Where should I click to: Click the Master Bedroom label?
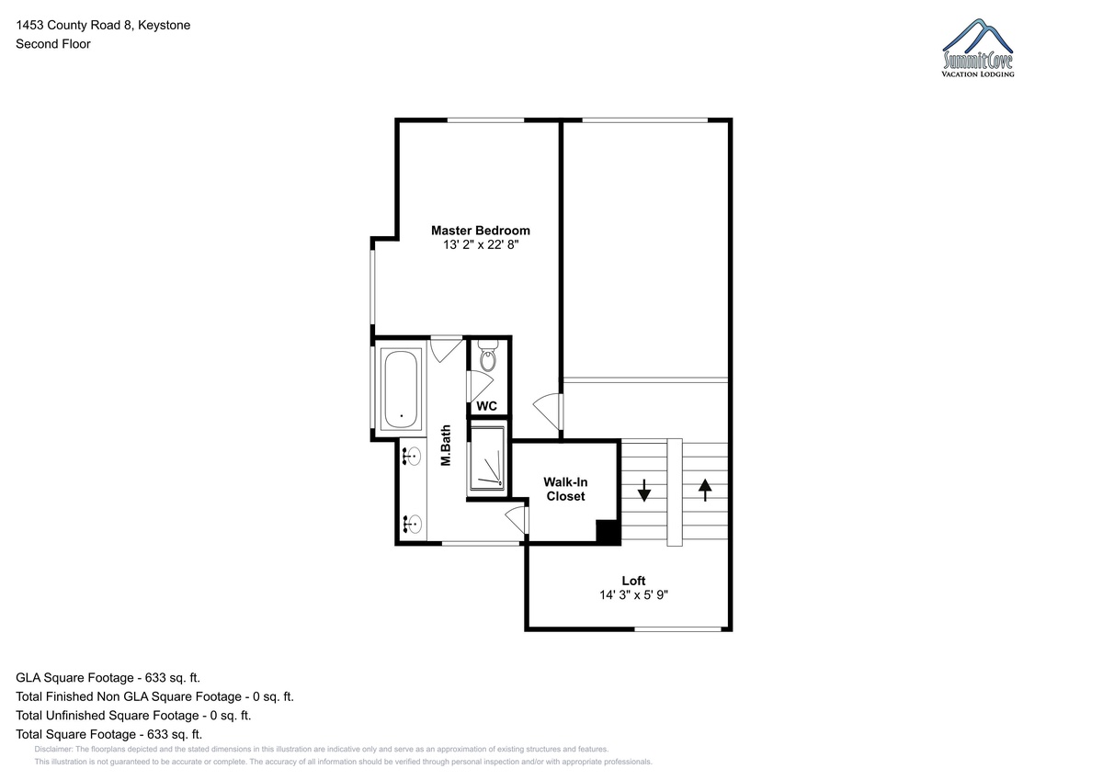click(x=481, y=231)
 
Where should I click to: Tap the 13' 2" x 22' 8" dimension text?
click(x=481, y=244)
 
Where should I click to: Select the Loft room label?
click(x=633, y=581)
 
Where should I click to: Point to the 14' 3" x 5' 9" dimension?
click(x=633, y=595)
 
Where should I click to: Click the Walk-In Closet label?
click(x=565, y=489)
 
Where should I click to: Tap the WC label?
click(x=486, y=406)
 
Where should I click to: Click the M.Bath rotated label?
click(x=446, y=445)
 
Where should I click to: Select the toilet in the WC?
click(x=488, y=356)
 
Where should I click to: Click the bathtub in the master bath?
click(x=401, y=390)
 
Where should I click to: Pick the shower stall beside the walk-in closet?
click(x=487, y=458)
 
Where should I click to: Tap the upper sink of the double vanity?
click(x=412, y=457)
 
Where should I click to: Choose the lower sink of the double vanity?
click(x=412, y=524)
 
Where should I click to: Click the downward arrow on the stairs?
click(x=644, y=491)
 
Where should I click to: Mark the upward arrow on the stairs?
click(x=705, y=491)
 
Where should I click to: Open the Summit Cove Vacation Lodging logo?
click(x=978, y=48)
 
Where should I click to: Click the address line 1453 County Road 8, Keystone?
click(x=103, y=25)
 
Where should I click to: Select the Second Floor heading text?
click(x=53, y=44)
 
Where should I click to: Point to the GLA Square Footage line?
click(x=108, y=678)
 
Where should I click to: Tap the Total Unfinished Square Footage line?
click(x=133, y=715)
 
